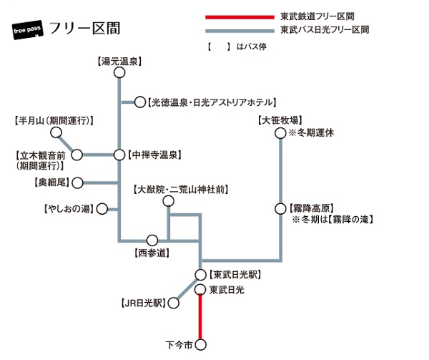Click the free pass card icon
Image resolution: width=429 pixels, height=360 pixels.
coord(31,31)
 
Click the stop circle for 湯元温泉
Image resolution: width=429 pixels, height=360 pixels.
coord(119,74)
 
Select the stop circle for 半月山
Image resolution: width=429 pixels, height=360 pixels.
coord(55,133)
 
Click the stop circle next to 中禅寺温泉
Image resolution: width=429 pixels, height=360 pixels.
coord(119,154)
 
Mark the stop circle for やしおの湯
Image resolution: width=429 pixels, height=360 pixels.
coord(102,209)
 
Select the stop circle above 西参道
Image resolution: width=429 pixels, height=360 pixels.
coord(152,240)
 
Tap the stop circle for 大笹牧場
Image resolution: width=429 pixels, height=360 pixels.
coord(280,133)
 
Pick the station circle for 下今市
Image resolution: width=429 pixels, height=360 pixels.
coord(200,347)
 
